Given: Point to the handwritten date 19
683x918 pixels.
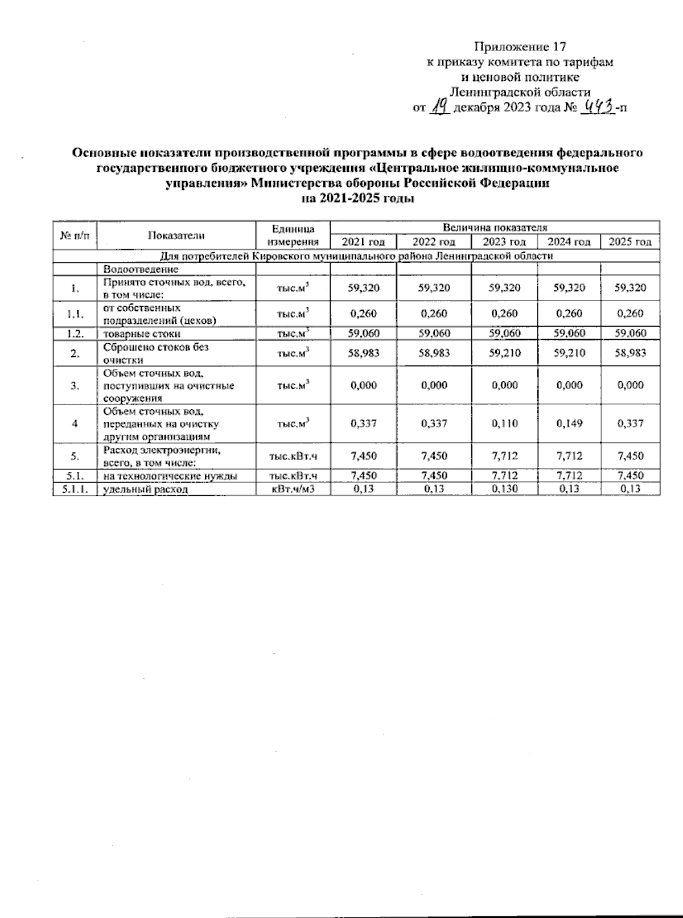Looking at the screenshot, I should [x=440, y=106].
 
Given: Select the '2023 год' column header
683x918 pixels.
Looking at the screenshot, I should [x=504, y=242].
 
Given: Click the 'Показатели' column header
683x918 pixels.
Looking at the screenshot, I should [x=176, y=235].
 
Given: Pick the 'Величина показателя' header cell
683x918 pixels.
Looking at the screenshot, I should [x=495, y=227].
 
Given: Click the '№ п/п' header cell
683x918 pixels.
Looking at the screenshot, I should [x=75, y=235].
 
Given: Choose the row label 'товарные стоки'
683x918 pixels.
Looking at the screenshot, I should [x=142, y=334].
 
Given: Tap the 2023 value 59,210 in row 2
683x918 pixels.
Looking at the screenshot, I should [x=504, y=353].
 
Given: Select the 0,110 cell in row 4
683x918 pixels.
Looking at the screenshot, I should [x=504, y=423].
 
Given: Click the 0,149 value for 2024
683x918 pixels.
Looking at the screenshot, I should [x=569, y=423].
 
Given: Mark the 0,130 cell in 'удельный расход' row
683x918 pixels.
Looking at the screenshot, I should [x=504, y=489].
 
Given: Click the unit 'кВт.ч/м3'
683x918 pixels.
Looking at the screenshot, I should [x=293, y=489].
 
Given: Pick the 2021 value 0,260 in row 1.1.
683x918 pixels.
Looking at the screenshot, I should [x=364, y=314].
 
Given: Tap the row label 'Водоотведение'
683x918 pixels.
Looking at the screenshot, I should [x=141, y=269].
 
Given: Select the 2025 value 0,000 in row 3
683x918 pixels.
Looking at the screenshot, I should [x=630, y=385].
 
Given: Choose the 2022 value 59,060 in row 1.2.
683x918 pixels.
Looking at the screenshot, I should [x=434, y=334].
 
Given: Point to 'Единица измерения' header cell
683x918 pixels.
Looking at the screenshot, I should [x=293, y=235].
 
